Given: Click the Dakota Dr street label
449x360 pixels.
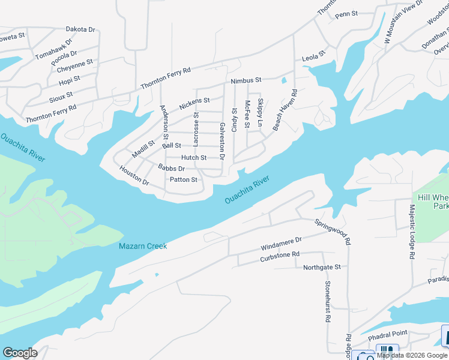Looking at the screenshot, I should click(80, 29).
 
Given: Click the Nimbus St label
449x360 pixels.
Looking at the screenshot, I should click(246, 80).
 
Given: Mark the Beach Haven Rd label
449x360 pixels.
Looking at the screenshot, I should click(286, 110).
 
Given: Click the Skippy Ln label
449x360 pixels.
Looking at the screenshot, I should click(260, 113).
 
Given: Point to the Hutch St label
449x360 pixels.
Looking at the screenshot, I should click(194, 158).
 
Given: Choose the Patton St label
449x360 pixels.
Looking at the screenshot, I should click(183, 179).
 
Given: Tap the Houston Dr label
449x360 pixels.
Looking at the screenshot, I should click(133, 175).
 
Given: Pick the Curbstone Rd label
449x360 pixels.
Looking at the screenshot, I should click(279, 256).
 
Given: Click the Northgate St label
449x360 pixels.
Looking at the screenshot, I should click(322, 267).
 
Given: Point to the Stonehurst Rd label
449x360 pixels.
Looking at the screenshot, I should click(328, 302).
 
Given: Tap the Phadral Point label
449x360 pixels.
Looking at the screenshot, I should click(387, 334).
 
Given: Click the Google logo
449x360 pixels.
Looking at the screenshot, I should click(20, 353).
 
